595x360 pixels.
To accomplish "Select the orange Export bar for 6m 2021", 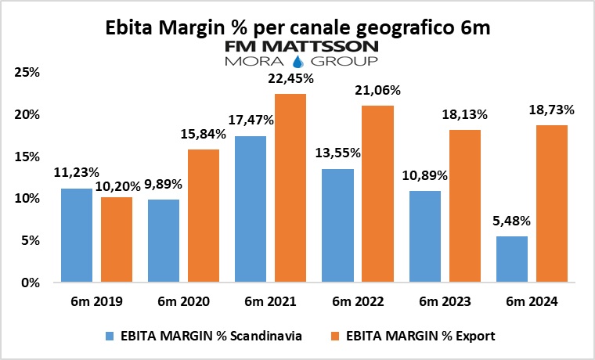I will [x=290, y=188].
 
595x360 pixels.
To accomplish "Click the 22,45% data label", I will [x=292, y=78].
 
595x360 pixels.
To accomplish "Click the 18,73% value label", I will [x=554, y=110].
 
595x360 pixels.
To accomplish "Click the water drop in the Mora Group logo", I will [x=298, y=61].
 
